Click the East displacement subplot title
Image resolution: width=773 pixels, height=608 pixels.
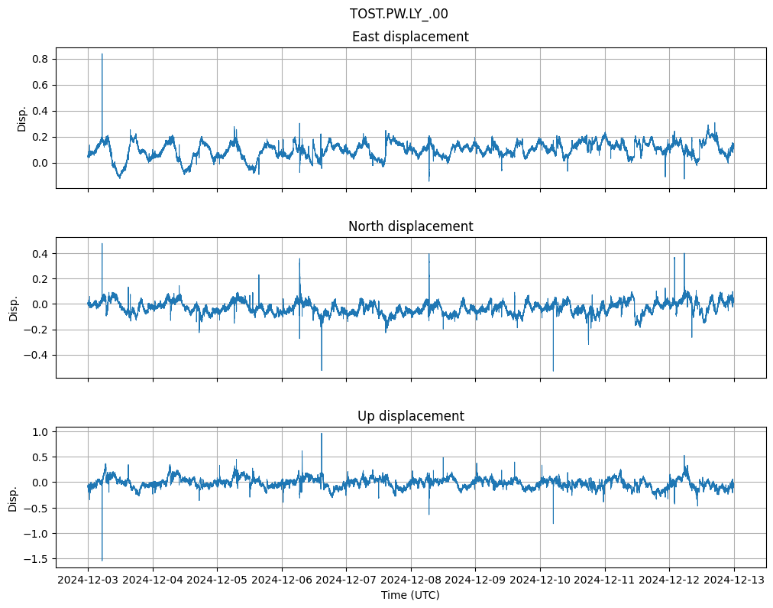[410, 37]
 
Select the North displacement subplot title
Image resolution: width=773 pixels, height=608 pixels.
[410, 226]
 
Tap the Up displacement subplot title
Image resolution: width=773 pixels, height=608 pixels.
[410, 416]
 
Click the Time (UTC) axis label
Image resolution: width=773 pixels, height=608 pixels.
[410, 595]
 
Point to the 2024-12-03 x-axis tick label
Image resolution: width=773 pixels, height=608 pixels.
[88, 580]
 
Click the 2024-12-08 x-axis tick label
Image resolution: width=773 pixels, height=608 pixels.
[411, 580]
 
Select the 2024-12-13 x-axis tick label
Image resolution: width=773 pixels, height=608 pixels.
[734, 580]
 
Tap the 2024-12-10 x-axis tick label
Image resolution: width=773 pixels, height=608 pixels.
[540, 580]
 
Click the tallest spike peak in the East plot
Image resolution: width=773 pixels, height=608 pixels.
[102, 54]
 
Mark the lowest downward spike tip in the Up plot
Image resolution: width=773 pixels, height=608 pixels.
[102, 561]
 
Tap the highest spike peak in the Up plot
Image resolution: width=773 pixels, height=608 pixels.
[322, 434]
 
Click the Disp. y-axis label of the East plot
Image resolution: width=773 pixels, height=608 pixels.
[22, 118]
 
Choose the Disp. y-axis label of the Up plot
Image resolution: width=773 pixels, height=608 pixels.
[13, 497]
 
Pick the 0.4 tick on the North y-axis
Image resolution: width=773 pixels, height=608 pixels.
[40, 253]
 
